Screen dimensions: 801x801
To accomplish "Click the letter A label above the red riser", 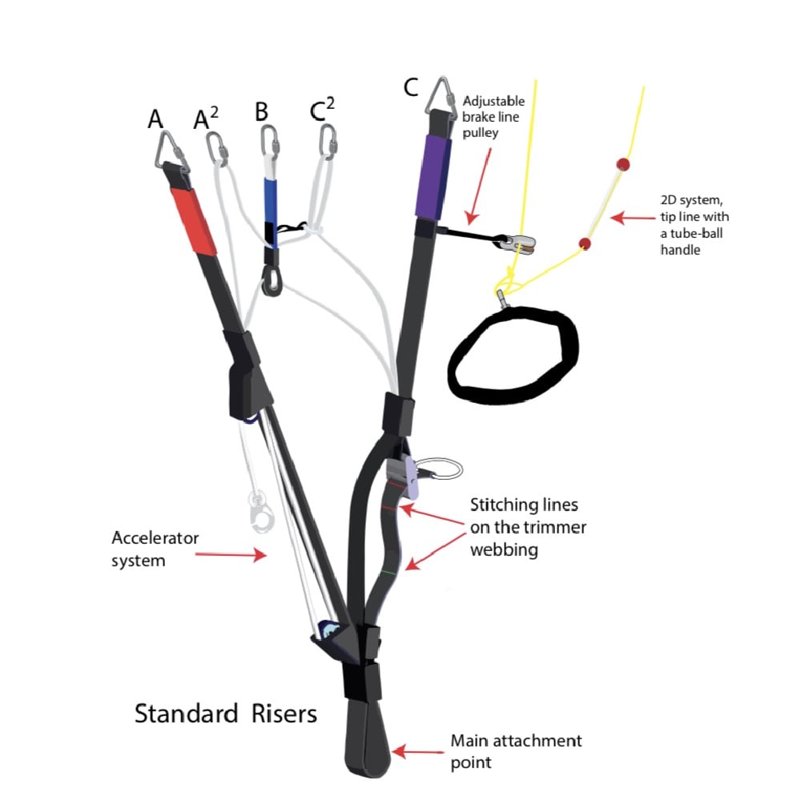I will click(155, 119).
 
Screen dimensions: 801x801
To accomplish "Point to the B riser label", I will click(261, 112).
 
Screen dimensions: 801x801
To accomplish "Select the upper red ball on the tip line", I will click(622, 164).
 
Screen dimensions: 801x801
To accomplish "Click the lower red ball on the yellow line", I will click(586, 243).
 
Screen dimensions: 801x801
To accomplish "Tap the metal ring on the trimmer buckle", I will click(441, 469).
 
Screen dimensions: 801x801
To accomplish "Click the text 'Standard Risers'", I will click(226, 713).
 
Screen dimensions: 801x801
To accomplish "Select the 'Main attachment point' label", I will click(516, 750).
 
